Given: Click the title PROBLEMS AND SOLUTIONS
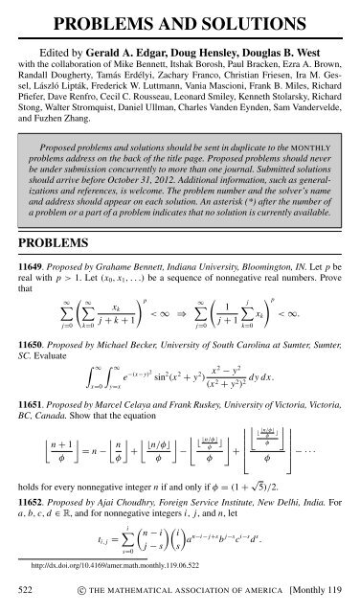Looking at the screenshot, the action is pyautogui.click(x=180, y=16).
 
